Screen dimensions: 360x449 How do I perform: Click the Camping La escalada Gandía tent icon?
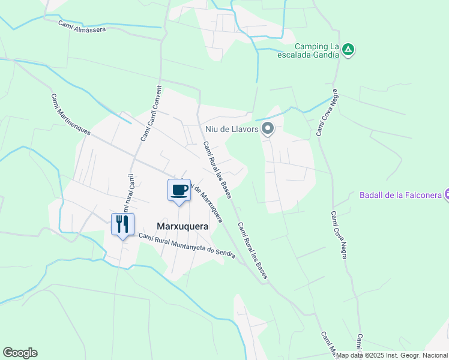pyautogui.click(x=349, y=50)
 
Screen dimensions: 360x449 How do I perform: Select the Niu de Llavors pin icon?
pyautogui.click(x=268, y=129)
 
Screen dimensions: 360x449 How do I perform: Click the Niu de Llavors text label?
pyautogui.click(x=231, y=129)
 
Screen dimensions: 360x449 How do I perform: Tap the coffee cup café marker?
pyautogui.click(x=179, y=190)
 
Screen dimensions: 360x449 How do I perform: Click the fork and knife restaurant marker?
pyautogui.click(x=122, y=224)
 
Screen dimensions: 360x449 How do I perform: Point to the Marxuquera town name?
pyautogui.click(x=182, y=227)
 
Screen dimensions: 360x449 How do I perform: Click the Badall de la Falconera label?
pyautogui.click(x=400, y=194)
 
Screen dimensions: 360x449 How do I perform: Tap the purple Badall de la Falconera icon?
pyautogui.click(x=446, y=194)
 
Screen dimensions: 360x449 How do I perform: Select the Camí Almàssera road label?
pyautogui.click(x=82, y=26)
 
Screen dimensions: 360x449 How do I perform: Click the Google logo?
pyautogui.click(x=20, y=353)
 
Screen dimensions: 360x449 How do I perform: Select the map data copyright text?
pyautogui.click(x=391, y=355)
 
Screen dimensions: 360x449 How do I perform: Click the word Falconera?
pyautogui.click(x=420, y=194)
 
